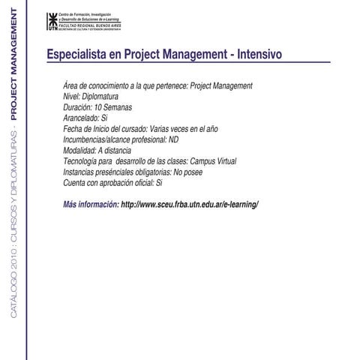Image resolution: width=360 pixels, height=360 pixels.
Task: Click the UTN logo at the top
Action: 52,21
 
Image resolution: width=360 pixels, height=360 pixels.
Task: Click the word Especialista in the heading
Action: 73,55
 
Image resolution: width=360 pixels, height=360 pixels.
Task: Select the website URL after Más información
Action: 189,204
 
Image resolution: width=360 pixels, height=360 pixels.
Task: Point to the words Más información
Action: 91,204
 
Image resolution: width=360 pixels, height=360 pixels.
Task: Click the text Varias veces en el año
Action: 184,129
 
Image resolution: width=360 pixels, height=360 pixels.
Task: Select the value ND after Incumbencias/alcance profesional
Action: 174,139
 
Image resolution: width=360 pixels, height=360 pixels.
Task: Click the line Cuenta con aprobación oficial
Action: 112,182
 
